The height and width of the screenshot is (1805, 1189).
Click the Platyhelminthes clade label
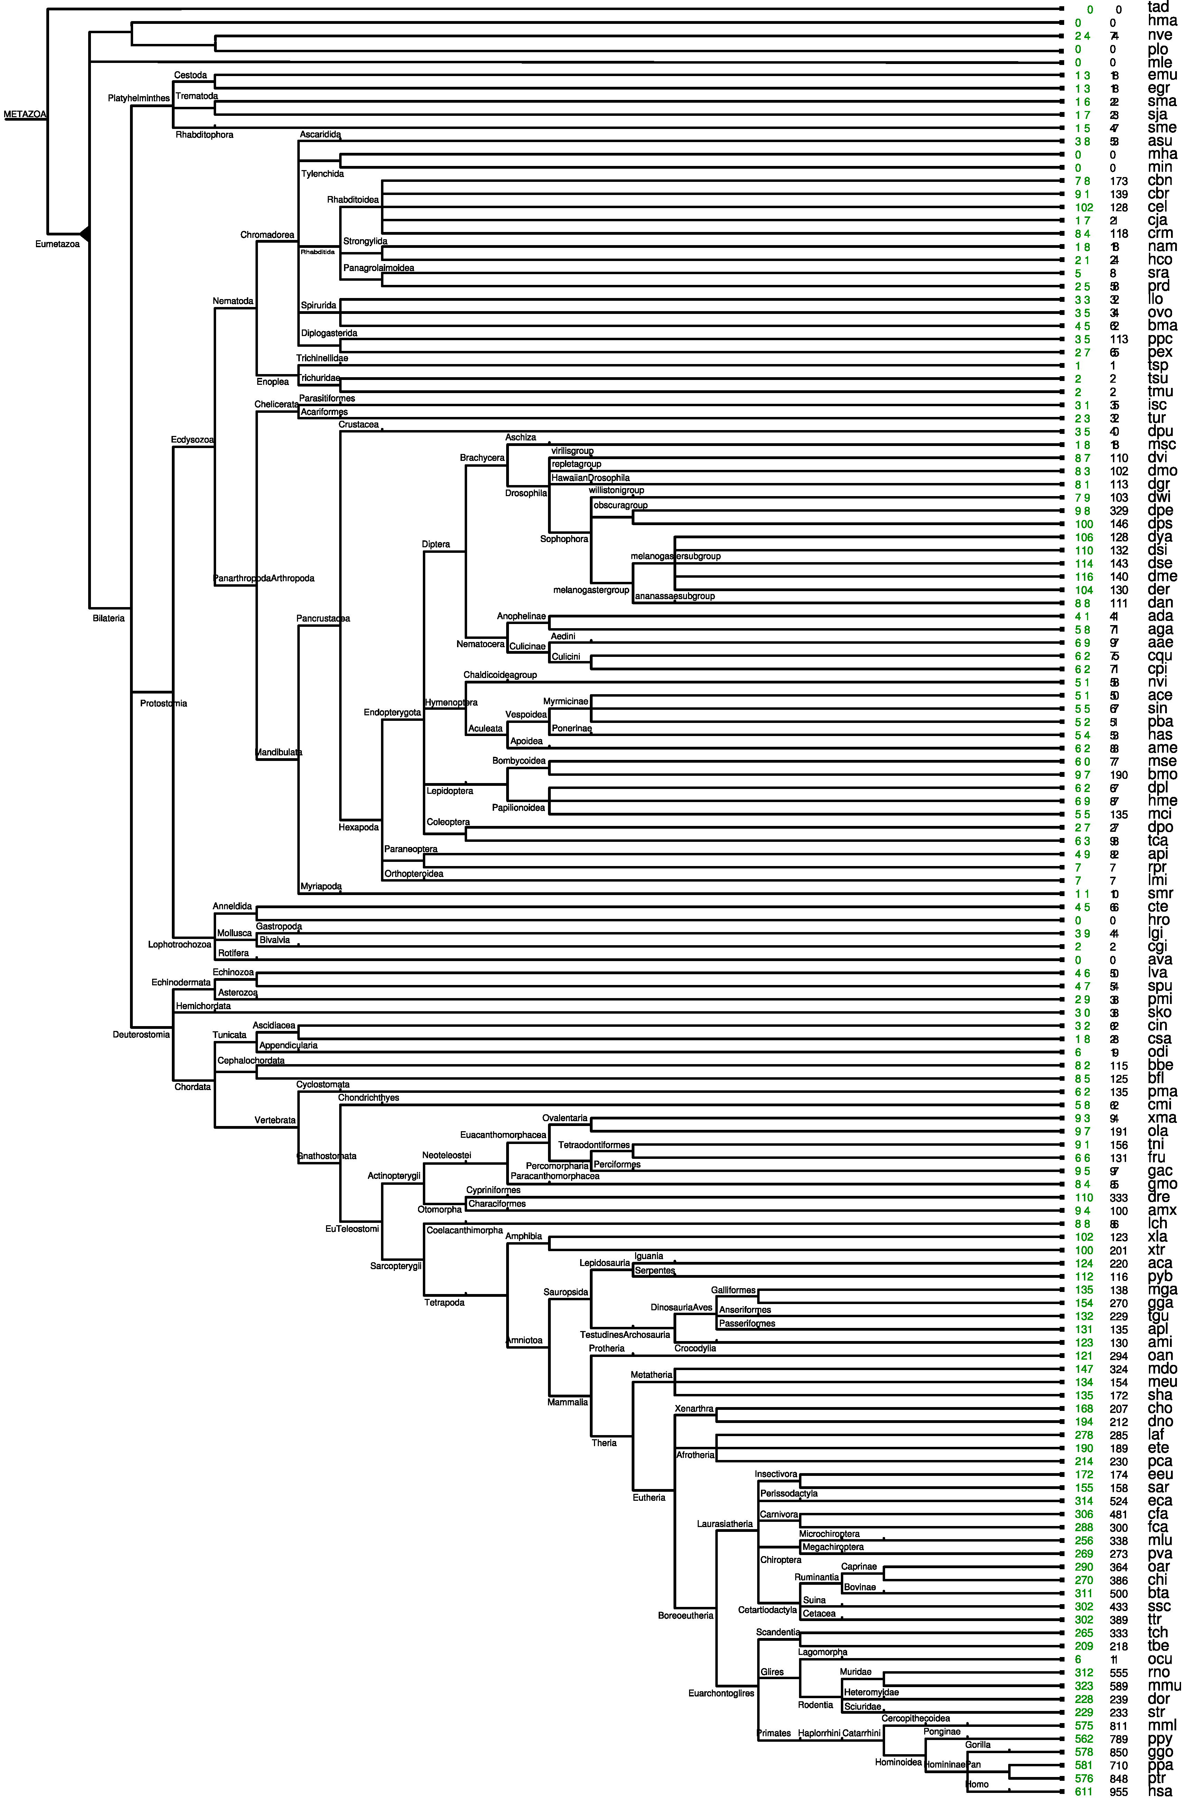pyautogui.click(x=139, y=99)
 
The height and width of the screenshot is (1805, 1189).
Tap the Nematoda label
pyautogui.click(x=233, y=301)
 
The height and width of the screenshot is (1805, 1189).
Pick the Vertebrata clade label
pyautogui.click(x=275, y=1120)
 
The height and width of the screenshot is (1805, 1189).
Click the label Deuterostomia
pyautogui.click(x=141, y=1034)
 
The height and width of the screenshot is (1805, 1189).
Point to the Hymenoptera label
pyautogui.click(x=451, y=703)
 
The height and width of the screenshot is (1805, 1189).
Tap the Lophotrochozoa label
pyautogui.click(x=179, y=944)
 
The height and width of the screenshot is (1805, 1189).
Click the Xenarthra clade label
pyautogui.click(x=694, y=1409)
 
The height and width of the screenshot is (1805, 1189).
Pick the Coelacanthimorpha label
pyautogui.click(x=464, y=1230)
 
